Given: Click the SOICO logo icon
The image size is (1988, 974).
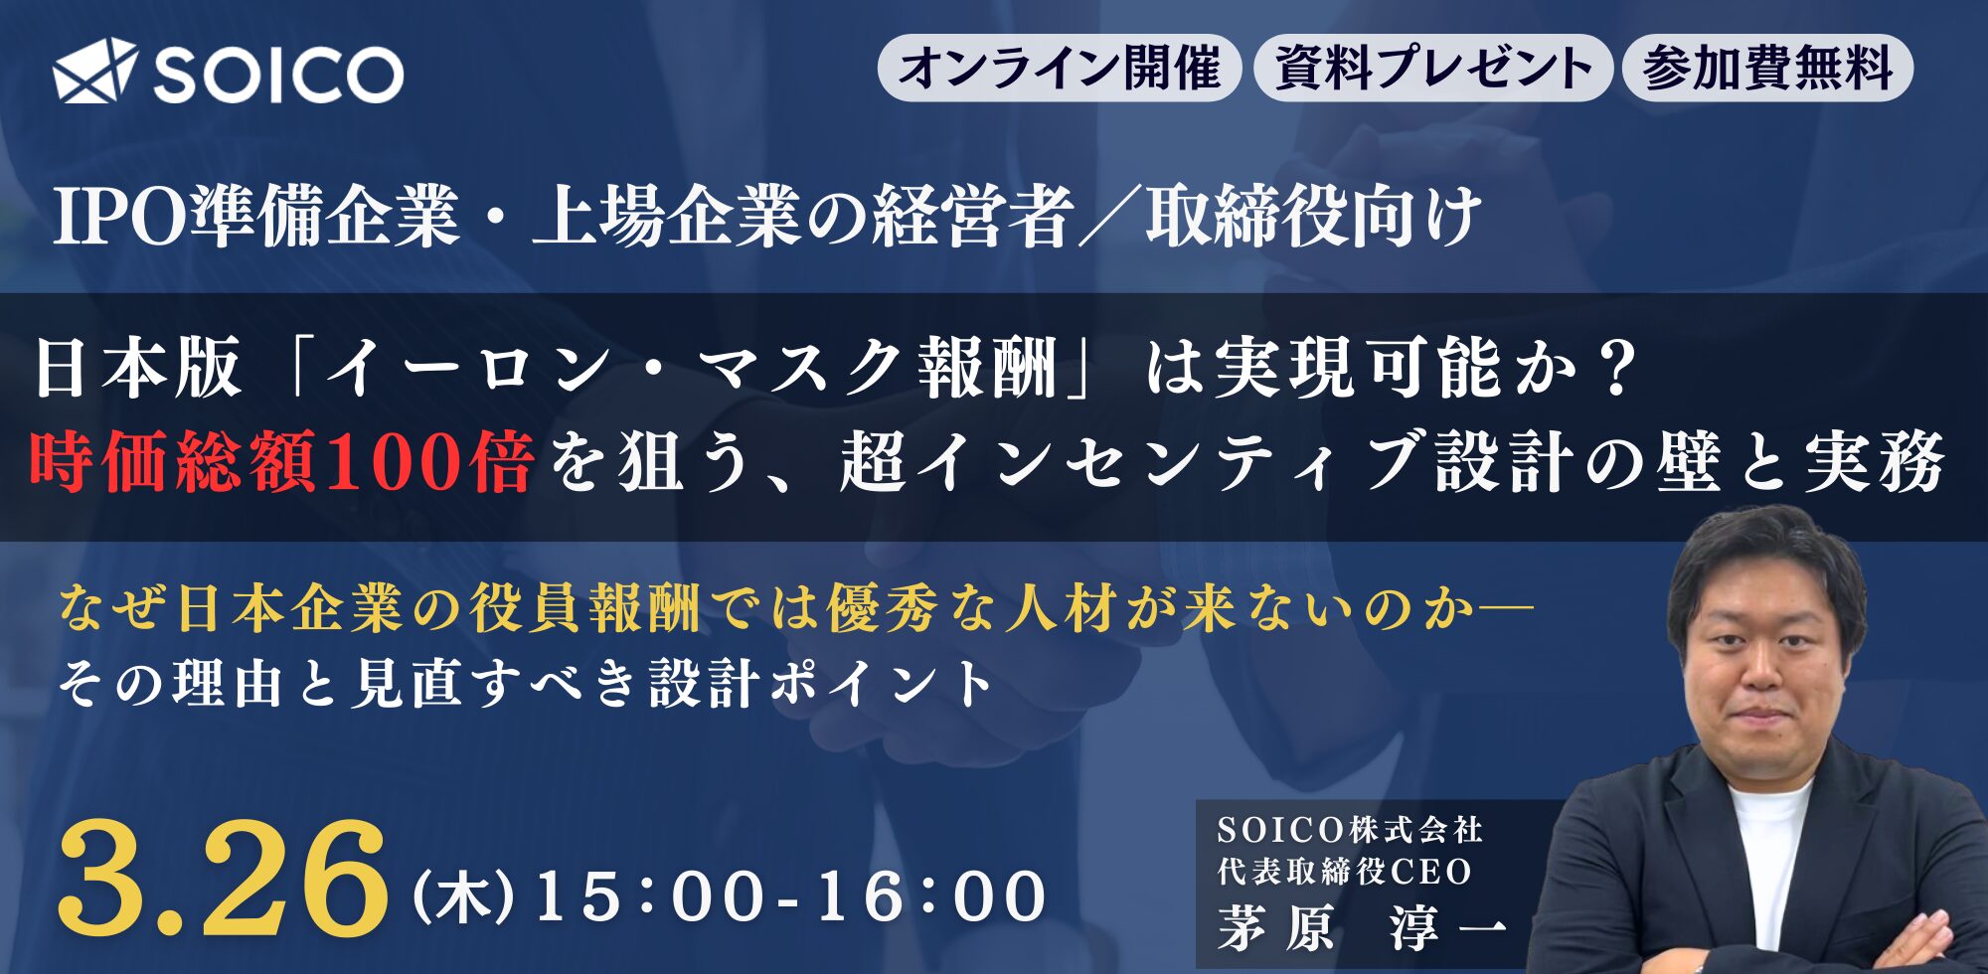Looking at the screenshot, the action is point(95,72).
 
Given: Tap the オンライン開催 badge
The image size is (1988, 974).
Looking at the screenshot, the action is point(1059,68).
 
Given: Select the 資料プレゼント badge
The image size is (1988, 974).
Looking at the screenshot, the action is point(1432,68).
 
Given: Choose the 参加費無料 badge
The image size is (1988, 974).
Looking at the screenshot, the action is point(1767,68).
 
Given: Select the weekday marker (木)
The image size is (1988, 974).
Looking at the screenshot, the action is point(463,896).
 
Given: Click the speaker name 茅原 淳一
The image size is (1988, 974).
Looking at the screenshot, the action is point(1362,929).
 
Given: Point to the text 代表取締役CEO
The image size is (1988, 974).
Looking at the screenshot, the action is point(1344,872).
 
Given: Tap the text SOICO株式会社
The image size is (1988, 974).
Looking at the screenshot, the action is point(1350,829).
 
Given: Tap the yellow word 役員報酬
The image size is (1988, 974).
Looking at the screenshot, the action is point(585,609).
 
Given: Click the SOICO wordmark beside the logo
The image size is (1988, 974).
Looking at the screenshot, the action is point(278,73).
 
